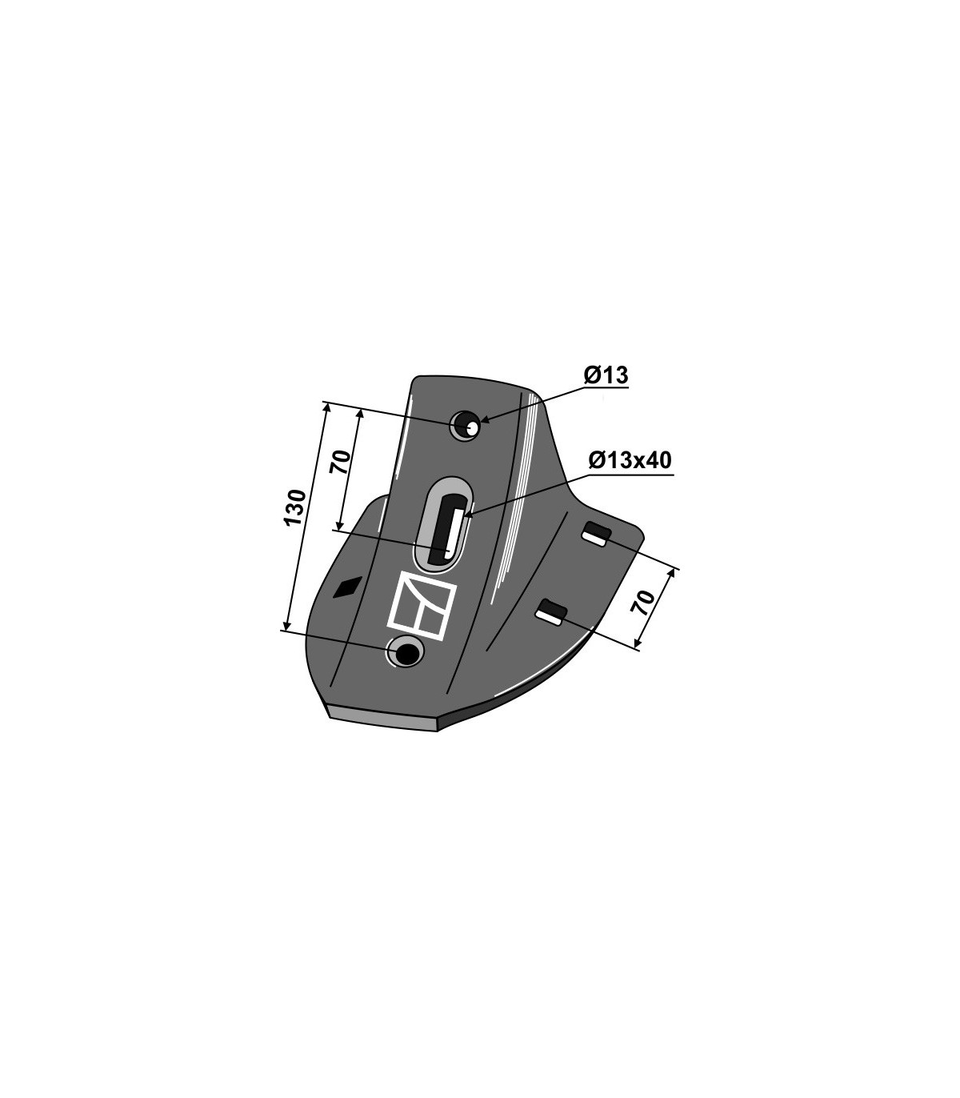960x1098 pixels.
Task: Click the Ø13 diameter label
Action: click(x=606, y=375)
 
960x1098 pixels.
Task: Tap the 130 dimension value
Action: click(x=296, y=507)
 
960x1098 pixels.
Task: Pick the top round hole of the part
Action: click(x=466, y=427)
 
